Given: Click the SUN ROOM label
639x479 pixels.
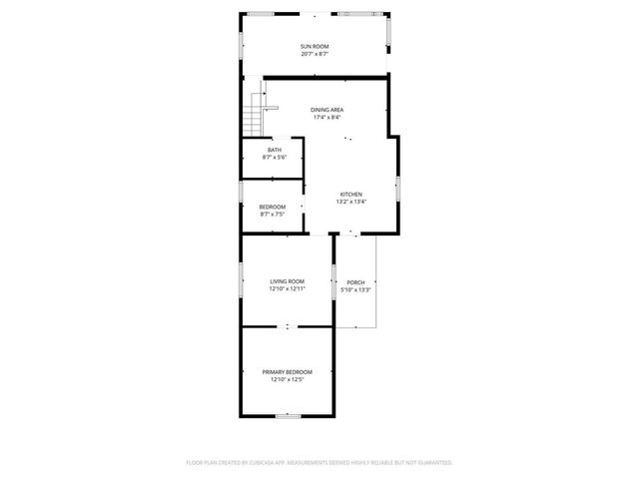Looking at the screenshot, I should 315,46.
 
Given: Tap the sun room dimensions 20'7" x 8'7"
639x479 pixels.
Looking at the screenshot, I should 315,54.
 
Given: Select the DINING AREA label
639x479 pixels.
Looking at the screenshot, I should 327,109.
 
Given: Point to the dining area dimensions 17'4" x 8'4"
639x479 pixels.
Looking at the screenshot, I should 327,117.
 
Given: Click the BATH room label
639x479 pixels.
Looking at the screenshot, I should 274,150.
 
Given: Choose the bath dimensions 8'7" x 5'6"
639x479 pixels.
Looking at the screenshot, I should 274,158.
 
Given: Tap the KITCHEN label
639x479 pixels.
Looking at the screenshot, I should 351,194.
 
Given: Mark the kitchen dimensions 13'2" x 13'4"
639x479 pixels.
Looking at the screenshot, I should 351,202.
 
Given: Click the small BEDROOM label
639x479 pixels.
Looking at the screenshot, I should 273,207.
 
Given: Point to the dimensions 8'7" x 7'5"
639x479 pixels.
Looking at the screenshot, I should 273,215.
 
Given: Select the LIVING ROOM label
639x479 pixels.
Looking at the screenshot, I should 287,281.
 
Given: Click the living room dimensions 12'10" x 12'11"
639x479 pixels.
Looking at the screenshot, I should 287,289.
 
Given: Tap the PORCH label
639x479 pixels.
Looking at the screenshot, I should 355,281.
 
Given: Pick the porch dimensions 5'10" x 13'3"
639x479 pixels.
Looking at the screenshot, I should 355,289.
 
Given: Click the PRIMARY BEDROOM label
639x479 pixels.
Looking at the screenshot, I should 287,371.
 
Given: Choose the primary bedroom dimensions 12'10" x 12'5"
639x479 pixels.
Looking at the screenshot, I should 287,379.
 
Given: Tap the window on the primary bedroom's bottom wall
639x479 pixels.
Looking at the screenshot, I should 289,415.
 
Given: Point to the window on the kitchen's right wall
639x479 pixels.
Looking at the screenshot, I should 398,188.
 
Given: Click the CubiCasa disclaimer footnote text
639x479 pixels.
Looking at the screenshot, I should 319,462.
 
